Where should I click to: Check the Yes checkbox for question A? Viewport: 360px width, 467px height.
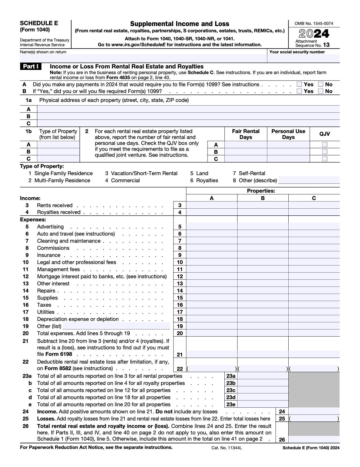coord(299,84)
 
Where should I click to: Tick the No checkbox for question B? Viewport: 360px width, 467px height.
coord(321,91)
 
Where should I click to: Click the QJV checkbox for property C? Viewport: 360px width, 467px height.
coord(325,159)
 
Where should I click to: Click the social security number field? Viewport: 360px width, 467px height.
coord(303,58)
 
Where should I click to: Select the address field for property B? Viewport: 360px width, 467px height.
coord(188,116)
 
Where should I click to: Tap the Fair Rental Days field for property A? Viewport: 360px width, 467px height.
coord(246,145)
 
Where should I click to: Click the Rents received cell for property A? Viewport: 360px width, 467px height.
coord(212,205)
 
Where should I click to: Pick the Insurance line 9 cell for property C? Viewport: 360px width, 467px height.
coord(314,255)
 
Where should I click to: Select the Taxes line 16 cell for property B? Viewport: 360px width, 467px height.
coord(263,305)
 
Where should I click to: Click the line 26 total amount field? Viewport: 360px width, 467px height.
coord(314,440)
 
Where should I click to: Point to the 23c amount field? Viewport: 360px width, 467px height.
coord(263,390)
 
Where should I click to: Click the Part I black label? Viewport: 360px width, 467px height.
coord(31,67)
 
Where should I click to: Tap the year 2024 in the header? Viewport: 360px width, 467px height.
coord(314,34)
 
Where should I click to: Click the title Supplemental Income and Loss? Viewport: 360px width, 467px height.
coord(180,24)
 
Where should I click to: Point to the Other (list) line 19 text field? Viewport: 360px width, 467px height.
coord(116,326)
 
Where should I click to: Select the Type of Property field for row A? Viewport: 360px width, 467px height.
coord(58,145)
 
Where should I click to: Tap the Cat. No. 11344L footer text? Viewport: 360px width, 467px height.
coord(226,448)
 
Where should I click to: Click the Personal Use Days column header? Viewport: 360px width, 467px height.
coord(288,134)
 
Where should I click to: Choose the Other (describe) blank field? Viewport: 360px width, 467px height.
coord(309,180)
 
